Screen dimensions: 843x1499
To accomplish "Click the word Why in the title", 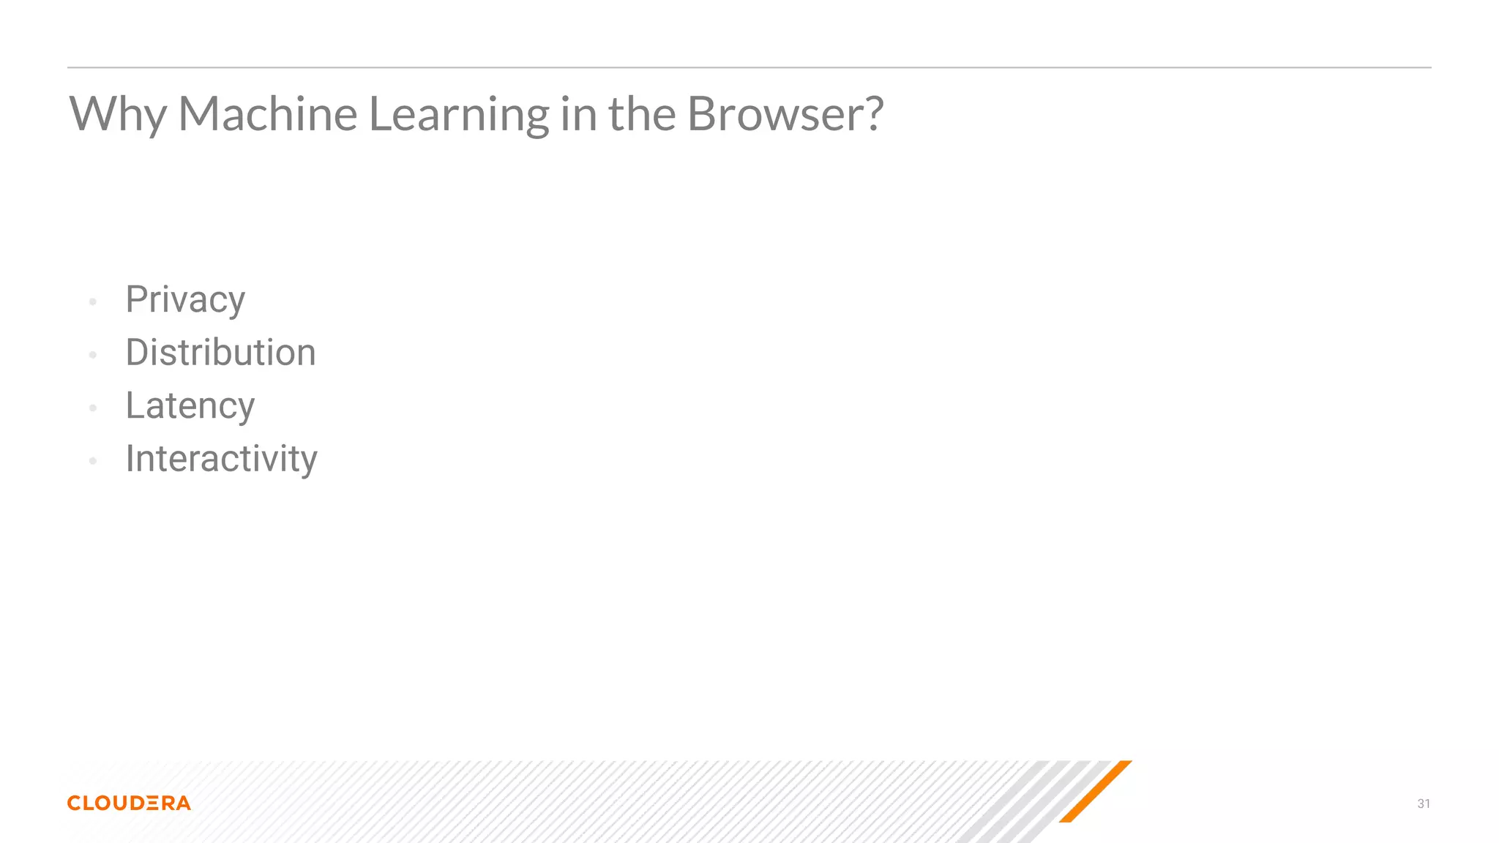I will click(x=118, y=114).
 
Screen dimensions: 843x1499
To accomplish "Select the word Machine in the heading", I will click(x=267, y=114).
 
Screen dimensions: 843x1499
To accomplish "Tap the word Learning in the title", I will click(x=458, y=114).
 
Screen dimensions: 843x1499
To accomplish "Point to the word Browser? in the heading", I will click(x=785, y=114).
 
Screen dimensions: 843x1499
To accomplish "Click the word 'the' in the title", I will click(x=642, y=114).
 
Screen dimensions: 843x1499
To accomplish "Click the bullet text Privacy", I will click(x=185, y=299).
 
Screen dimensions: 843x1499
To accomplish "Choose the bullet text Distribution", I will click(x=220, y=353).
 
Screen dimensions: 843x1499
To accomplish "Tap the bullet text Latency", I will click(x=190, y=405).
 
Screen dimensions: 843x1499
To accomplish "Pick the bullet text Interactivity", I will click(x=221, y=459).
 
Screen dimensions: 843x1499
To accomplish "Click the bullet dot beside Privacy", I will click(x=93, y=301).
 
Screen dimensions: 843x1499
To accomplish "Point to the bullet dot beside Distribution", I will click(x=93, y=355).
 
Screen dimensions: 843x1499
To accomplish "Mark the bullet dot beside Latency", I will click(x=93, y=408).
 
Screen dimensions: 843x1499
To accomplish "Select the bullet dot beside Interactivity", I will click(x=93, y=461).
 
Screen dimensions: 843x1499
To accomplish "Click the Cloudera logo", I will click(x=129, y=803).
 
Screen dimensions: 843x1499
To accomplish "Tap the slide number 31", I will click(x=1424, y=803).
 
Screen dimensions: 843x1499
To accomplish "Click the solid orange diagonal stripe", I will click(x=1096, y=791).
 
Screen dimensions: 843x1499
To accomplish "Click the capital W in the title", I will click(x=94, y=114).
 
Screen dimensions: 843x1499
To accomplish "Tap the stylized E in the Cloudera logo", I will click(x=152, y=803).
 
